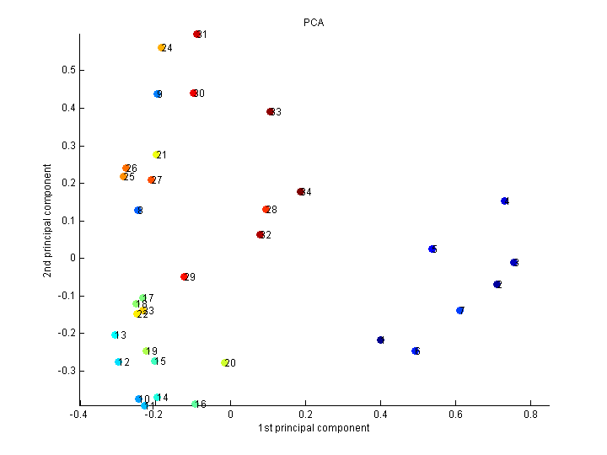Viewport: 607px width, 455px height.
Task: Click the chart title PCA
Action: pyautogui.click(x=314, y=23)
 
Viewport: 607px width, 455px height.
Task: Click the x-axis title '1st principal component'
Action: pyautogui.click(x=314, y=428)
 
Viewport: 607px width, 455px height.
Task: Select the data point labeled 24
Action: pyautogui.click(x=162, y=48)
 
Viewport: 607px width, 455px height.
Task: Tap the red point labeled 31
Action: pyautogui.click(x=197, y=35)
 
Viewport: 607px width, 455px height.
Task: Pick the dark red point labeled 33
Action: pyautogui.click(x=271, y=112)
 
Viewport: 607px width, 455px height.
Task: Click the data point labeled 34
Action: pyautogui.click(x=301, y=192)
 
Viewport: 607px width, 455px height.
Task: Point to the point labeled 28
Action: pyautogui.click(x=266, y=210)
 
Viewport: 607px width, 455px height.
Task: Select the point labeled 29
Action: pyautogui.click(x=185, y=277)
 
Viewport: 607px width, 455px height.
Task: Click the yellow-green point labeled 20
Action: pyautogui.click(x=225, y=363)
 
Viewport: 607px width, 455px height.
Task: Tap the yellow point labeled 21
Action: pyautogui.click(x=157, y=155)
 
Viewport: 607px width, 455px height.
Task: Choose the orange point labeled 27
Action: pyautogui.click(x=152, y=180)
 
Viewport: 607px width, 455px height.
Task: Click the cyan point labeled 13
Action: pyautogui.click(x=115, y=335)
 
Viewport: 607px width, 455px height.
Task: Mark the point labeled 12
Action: pyautogui.click(x=119, y=362)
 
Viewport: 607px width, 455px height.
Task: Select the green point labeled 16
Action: pyautogui.click(x=195, y=404)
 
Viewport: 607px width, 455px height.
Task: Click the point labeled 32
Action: pyautogui.click(x=261, y=235)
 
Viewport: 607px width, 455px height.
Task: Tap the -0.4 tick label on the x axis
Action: pyautogui.click(x=78, y=414)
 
